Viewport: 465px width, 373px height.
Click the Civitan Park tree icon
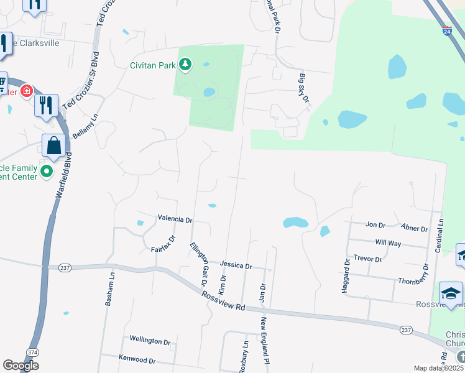(x=185, y=63)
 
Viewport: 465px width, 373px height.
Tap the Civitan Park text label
(x=154, y=64)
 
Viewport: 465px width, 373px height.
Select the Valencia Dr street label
(x=175, y=219)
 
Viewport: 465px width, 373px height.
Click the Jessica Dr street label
(x=236, y=265)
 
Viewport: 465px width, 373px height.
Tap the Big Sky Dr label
(x=304, y=89)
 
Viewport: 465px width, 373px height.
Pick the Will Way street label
(x=389, y=243)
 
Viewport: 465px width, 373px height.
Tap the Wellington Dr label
(x=150, y=341)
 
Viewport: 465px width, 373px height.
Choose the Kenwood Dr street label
(x=136, y=360)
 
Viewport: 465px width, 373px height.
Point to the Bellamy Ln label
(x=85, y=126)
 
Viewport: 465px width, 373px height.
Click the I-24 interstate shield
(x=448, y=29)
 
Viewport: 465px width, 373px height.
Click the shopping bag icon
(x=54, y=146)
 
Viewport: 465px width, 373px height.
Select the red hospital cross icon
(x=26, y=91)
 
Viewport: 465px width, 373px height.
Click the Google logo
(x=21, y=366)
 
